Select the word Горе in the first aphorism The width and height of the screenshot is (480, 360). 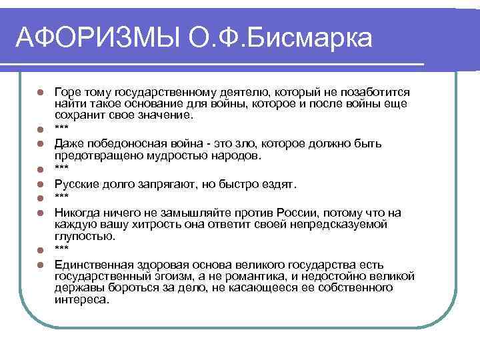[x=67, y=91]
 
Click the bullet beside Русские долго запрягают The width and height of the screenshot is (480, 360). [x=41, y=184]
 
